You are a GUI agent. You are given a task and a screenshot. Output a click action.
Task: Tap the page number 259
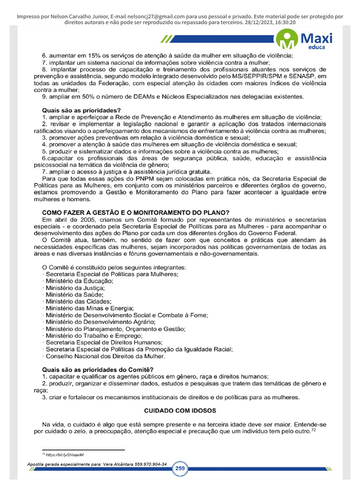pos(180,468)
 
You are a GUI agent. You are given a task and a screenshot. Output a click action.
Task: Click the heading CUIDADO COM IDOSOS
pos(180,410)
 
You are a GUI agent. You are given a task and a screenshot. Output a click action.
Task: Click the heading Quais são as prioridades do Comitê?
pos(97,369)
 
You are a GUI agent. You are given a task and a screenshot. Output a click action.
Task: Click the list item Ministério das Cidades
pos(78,301)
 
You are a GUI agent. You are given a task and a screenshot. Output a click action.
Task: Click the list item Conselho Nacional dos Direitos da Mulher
pos(105,356)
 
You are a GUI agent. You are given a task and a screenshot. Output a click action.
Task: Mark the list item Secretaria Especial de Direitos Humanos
pos(104,342)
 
